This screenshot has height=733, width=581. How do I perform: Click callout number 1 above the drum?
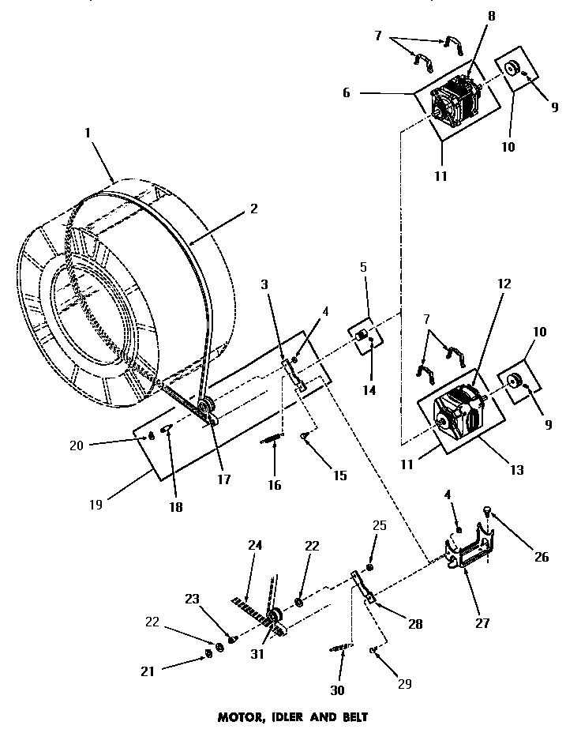[x=88, y=136]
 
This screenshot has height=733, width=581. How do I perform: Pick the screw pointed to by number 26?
[x=487, y=514]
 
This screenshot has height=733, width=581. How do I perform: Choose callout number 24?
[x=254, y=544]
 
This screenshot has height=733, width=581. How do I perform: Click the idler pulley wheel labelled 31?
[x=275, y=617]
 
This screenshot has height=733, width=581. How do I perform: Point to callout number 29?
[x=403, y=684]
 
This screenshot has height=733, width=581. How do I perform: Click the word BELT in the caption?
[x=351, y=718]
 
